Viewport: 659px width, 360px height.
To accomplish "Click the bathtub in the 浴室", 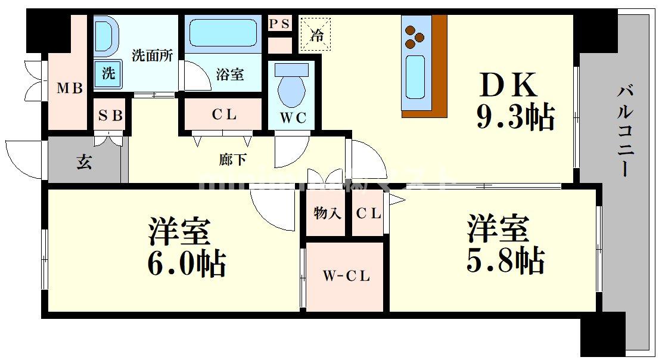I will (x=223, y=33).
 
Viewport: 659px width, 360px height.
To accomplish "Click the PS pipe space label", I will (x=279, y=23).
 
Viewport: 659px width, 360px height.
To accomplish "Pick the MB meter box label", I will (x=70, y=89).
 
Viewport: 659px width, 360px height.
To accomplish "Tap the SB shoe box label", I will (x=110, y=116).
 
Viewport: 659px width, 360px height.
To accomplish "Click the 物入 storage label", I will (x=327, y=213).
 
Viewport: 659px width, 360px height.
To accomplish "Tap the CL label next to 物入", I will (x=368, y=213).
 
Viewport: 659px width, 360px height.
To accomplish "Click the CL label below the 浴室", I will (x=224, y=114).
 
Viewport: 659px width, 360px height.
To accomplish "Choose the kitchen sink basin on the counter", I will (x=415, y=76).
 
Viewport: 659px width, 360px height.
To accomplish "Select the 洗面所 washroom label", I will (x=153, y=55).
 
